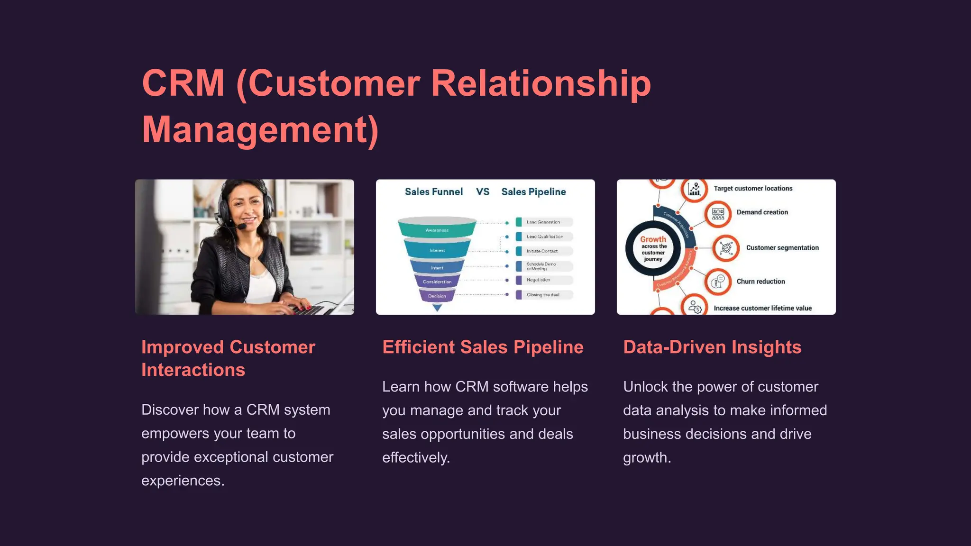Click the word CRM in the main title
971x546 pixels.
pos(183,83)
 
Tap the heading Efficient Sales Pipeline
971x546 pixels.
pos(483,347)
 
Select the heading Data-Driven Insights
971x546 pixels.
pos(712,347)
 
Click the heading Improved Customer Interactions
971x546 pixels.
pos(228,358)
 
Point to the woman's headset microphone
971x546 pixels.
pos(242,227)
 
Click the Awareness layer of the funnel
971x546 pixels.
pos(437,229)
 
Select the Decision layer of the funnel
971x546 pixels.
pos(437,296)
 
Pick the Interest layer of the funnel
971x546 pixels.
pos(437,250)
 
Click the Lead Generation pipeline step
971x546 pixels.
pos(543,222)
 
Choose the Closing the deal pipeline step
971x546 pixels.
pos(543,295)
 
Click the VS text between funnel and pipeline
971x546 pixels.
pos(483,192)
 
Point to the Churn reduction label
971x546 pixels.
pos(760,282)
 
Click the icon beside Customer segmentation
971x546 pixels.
pos(725,248)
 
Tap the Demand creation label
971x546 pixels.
pos(762,212)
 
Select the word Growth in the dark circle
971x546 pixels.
pos(653,239)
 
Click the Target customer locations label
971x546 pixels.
pos(753,189)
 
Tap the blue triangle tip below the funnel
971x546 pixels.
pos(437,308)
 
